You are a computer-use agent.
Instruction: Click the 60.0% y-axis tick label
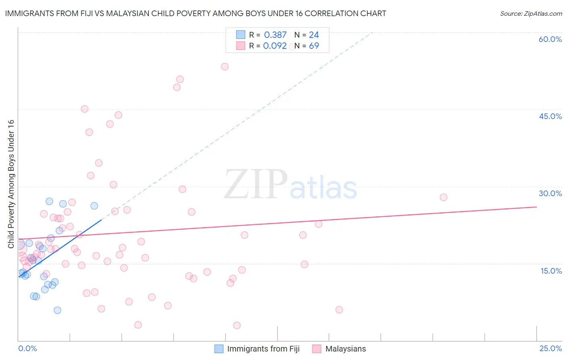(x=550, y=39)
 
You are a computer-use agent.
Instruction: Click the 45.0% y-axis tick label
(x=550, y=116)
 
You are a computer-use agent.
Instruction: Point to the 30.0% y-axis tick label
(x=550, y=193)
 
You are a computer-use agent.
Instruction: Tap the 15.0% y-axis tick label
(x=551, y=271)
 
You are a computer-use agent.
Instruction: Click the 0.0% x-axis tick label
(x=27, y=348)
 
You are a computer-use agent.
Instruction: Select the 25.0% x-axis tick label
(x=550, y=348)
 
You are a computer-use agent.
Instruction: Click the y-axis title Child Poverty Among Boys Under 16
(x=11, y=184)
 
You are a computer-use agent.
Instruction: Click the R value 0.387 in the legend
(x=275, y=35)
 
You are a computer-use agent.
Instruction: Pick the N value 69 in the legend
(x=314, y=46)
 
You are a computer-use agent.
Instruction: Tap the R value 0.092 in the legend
(x=275, y=46)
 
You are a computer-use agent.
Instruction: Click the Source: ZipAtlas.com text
(x=531, y=14)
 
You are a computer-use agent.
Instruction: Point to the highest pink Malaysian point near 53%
(x=225, y=67)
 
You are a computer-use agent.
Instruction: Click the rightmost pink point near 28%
(x=443, y=197)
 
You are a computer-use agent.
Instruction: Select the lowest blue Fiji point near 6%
(x=57, y=310)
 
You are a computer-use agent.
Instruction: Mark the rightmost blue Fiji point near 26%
(x=94, y=206)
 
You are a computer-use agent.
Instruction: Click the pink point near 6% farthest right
(x=339, y=310)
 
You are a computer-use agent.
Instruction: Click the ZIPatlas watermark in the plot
(x=290, y=185)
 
